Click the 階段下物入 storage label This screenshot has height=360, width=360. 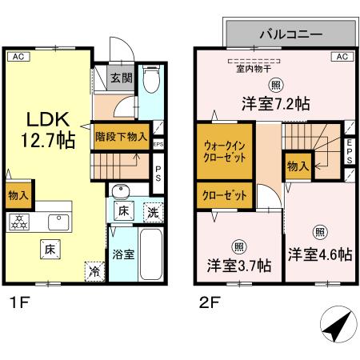(x=121, y=136)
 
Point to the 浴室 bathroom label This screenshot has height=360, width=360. (x=122, y=255)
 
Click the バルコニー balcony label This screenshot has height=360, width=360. (x=290, y=35)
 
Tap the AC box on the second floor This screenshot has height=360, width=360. (x=342, y=56)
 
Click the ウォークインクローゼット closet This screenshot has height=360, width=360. (x=225, y=150)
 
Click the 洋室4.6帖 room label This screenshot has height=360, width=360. (x=320, y=254)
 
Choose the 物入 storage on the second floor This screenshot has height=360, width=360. (x=296, y=167)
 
